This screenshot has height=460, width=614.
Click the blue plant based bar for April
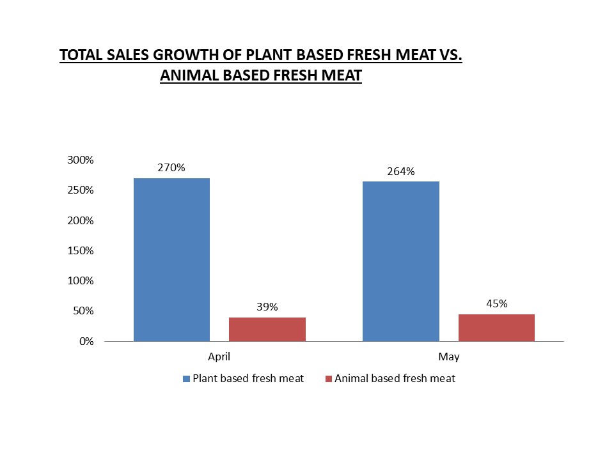pos(171,259)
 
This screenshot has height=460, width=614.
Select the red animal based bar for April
pos(267,329)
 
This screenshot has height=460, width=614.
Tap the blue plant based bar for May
pos(401,261)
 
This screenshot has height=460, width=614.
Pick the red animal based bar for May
pos(496,327)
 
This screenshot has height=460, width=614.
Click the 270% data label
pos(171,168)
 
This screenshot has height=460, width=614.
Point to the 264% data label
pos(401,171)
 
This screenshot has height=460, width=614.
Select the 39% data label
pos(267,307)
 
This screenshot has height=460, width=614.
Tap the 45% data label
pos(496,303)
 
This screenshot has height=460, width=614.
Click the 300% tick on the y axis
pos(81,160)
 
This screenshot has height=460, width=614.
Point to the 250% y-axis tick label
pos(81,190)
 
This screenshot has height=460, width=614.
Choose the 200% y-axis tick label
pos(81,220)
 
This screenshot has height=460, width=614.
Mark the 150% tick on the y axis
pos(81,250)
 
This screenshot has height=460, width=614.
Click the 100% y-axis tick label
pos(81,280)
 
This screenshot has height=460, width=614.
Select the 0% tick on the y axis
pos(87,341)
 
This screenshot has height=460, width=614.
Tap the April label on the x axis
pos(219,356)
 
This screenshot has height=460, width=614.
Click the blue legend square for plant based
pos(187,379)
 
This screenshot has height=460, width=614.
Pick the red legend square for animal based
pos(329,379)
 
